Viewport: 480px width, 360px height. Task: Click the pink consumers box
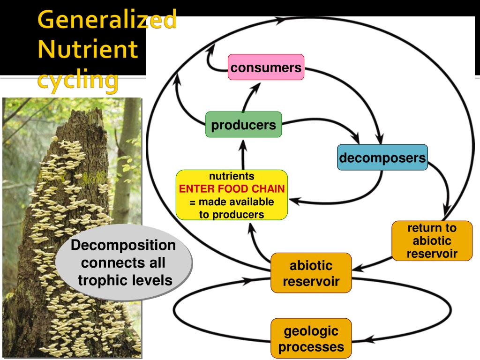click(x=266, y=67)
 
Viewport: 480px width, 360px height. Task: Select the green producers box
click(x=244, y=125)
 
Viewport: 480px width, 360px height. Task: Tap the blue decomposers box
click(x=382, y=157)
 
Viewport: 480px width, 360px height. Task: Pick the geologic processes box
click(x=311, y=338)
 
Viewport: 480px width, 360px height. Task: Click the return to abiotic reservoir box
click(x=432, y=241)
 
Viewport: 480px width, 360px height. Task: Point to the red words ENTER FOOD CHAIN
click(x=232, y=189)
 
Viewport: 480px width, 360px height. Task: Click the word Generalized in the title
click(x=107, y=19)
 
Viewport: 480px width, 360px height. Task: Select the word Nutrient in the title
click(x=88, y=49)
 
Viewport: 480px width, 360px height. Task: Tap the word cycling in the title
click(x=78, y=80)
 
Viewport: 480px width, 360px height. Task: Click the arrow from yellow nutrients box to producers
click(x=243, y=155)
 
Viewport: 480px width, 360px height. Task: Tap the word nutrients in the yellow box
click(x=232, y=176)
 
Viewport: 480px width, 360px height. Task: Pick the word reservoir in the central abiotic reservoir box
click(x=311, y=281)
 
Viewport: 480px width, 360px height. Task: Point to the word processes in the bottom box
click(x=311, y=347)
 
